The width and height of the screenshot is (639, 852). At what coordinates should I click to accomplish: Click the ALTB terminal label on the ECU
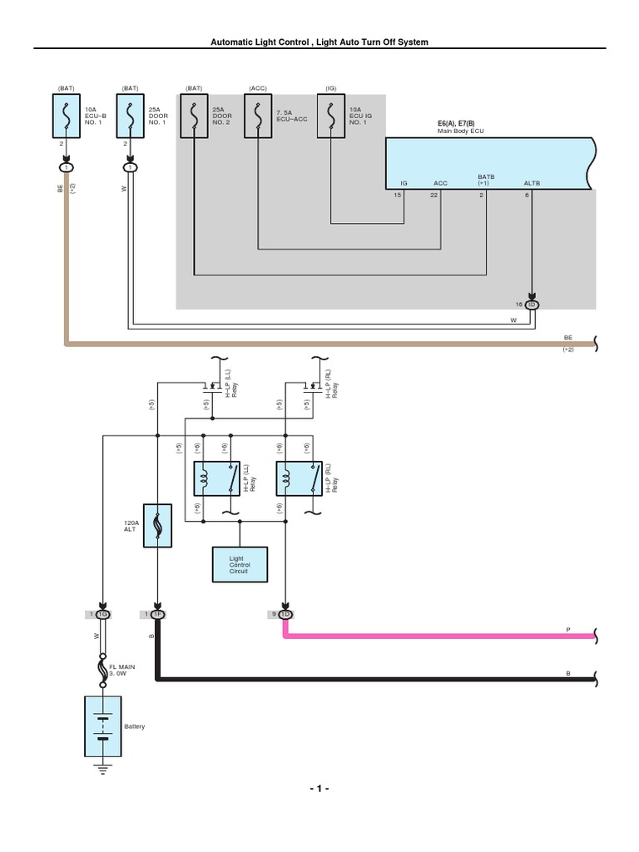point(531,182)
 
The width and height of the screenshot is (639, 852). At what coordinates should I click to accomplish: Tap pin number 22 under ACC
point(433,195)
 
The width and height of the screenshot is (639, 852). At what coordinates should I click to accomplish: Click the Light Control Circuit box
point(240,563)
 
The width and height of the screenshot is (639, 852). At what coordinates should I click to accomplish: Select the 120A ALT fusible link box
point(158,524)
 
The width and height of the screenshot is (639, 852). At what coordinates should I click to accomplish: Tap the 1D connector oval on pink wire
point(286,614)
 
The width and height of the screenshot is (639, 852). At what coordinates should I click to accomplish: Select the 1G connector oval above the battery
point(102,614)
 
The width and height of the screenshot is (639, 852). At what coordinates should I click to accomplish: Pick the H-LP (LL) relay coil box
point(216,479)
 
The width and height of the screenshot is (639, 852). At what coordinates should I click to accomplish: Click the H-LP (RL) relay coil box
point(300,479)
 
